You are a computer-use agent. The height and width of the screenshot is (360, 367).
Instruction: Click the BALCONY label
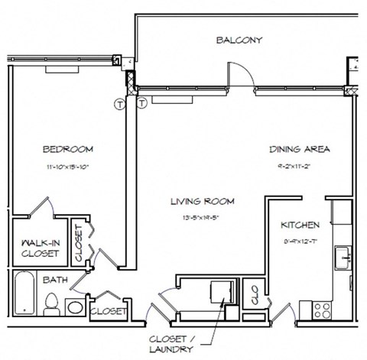tap(239, 41)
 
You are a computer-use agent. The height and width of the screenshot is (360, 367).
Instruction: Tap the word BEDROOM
tap(67, 148)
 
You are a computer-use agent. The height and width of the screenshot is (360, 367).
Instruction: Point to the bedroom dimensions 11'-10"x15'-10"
tap(67, 166)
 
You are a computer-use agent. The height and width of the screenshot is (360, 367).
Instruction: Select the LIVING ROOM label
tap(203, 202)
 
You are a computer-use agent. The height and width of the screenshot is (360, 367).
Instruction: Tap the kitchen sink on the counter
tap(346, 255)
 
